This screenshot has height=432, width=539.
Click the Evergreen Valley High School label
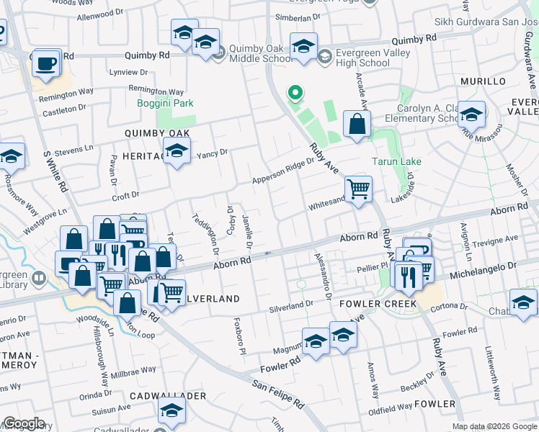[x=364, y=58]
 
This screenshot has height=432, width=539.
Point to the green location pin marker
[x=294, y=93]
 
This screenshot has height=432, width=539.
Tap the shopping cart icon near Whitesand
[x=358, y=190]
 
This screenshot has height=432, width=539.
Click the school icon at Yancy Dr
[x=174, y=151]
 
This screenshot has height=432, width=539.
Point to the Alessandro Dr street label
[x=322, y=275]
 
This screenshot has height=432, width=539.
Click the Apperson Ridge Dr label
[x=283, y=171]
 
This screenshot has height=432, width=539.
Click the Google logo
[x=23, y=423]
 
